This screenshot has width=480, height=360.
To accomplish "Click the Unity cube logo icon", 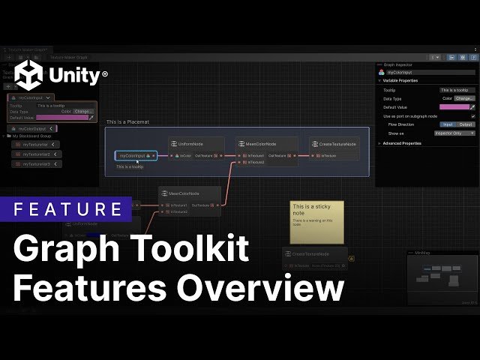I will pyautogui.click(x=29, y=75).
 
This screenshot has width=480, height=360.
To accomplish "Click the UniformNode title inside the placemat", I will pyautogui.click(x=190, y=143).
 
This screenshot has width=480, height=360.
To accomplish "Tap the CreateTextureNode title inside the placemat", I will pyautogui.click(x=337, y=143).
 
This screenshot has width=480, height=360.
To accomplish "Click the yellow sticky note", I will pyautogui.click(x=317, y=222).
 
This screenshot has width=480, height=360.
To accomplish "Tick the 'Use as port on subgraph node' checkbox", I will pyautogui.click(x=472, y=116).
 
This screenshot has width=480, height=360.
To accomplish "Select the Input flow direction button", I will pyautogui.click(x=448, y=124).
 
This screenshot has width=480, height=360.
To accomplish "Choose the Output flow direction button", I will pyautogui.click(x=466, y=124).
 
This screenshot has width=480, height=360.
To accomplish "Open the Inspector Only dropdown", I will pyautogui.click(x=457, y=133).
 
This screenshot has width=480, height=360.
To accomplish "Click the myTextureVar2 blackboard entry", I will pyautogui.click(x=35, y=154).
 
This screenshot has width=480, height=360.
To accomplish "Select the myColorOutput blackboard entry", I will pyautogui.click(x=30, y=128).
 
